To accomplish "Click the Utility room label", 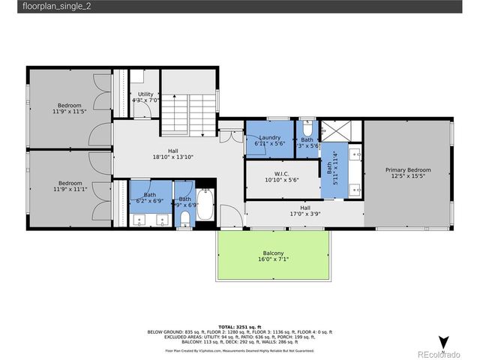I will [x=145, y=94].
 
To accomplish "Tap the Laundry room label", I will [x=269, y=137].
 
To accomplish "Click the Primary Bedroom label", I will [x=407, y=170].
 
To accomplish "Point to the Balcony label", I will [x=273, y=253].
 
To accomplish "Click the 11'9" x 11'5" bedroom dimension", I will [x=70, y=111].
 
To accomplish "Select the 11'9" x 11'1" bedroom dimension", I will [x=70, y=189].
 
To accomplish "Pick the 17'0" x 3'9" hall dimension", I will [x=305, y=214].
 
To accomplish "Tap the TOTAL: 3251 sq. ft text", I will [x=238, y=327].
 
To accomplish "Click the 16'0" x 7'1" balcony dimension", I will [x=273, y=260].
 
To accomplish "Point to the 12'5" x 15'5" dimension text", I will [x=407, y=176].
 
